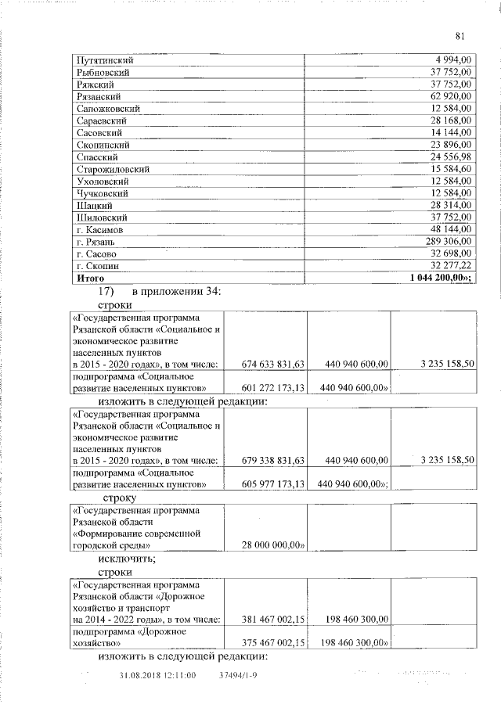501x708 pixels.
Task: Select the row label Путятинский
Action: [x=103, y=60]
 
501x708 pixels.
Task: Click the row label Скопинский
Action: [x=103, y=145]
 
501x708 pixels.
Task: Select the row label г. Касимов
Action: [x=99, y=230]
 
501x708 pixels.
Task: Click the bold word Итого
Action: [x=90, y=278]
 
